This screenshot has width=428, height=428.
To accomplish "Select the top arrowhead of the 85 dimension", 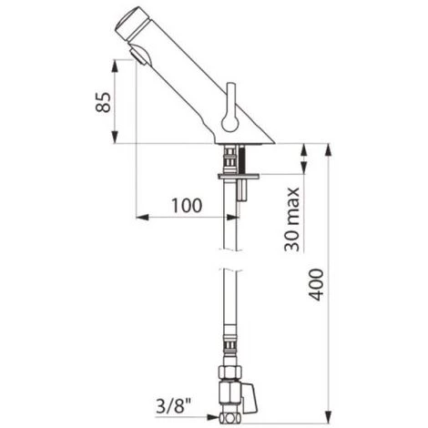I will pyautogui.click(x=115, y=64).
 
